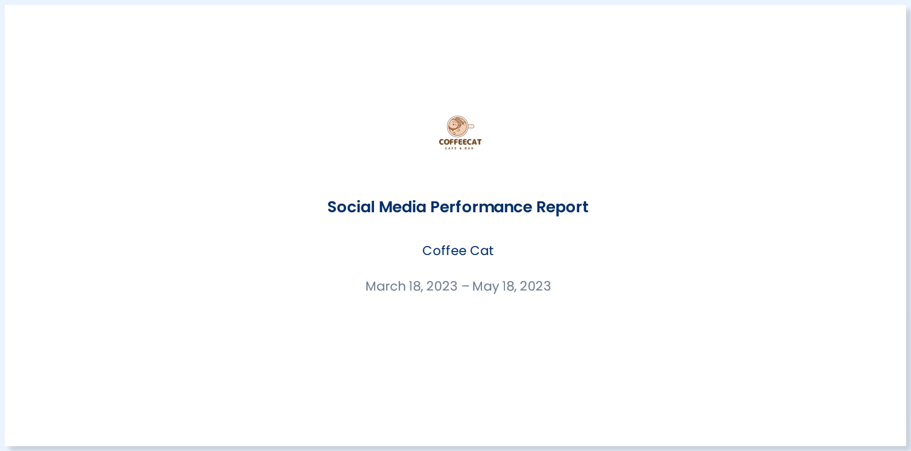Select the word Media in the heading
pyautogui.click(x=402, y=207)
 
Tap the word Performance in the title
pyautogui.click(x=481, y=207)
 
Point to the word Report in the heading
pyautogui.click(x=562, y=207)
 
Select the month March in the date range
pyautogui.click(x=385, y=286)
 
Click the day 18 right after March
pyautogui.click(x=415, y=286)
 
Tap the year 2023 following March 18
pyautogui.click(x=442, y=286)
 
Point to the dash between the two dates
pyautogui.click(x=465, y=286)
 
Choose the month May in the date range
pyautogui.click(x=485, y=286)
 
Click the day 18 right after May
pyautogui.click(x=509, y=286)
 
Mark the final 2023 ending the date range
pyautogui.click(x=535, y=286)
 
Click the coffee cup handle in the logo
pyautogui.click(x=471, y=127)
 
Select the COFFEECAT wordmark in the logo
pyautogui.click(x=460, y=142)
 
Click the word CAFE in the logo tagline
pyautogui.click(x=449, y=148)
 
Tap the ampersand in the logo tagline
pyautogui.click(x=460, y=148)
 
